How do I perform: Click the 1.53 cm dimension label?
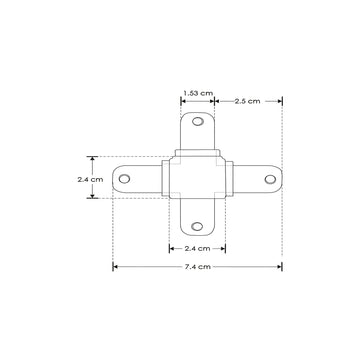tap(198, 92)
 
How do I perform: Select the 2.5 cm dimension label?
tap(247, 101)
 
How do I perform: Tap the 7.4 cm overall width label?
tap(198, 267)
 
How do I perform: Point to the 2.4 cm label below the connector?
tap(198, 247)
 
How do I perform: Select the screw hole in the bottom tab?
tap(198, 228)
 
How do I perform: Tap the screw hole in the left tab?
tap(125, 179)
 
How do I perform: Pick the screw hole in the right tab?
tap(270, 176)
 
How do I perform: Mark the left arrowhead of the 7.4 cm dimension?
tap(114, 267)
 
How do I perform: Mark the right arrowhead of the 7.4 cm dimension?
tap(281, 267)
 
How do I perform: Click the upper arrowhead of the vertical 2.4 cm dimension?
tap(92, 158)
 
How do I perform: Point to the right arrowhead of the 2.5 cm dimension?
tap(281, 101)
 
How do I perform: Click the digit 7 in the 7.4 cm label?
tap(186, 267)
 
